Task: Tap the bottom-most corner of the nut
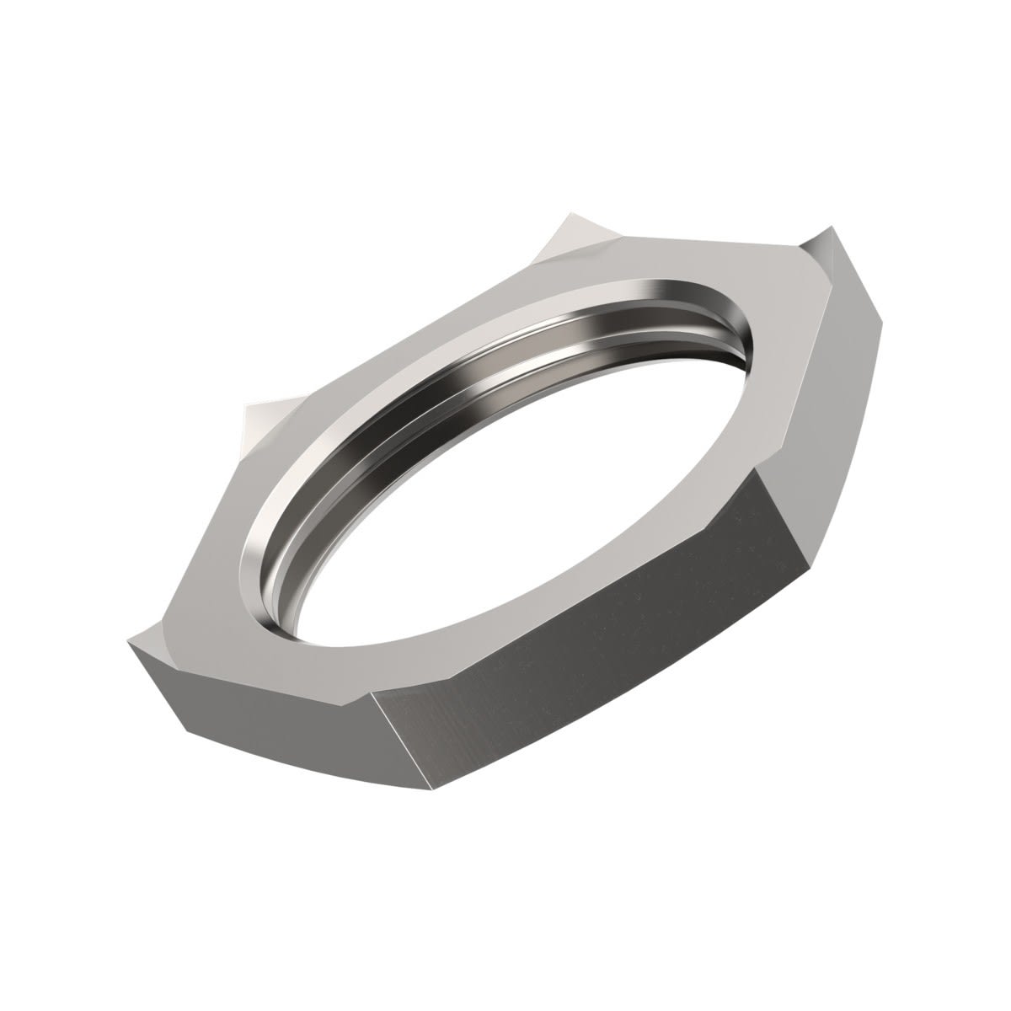(x=438, y=792)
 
